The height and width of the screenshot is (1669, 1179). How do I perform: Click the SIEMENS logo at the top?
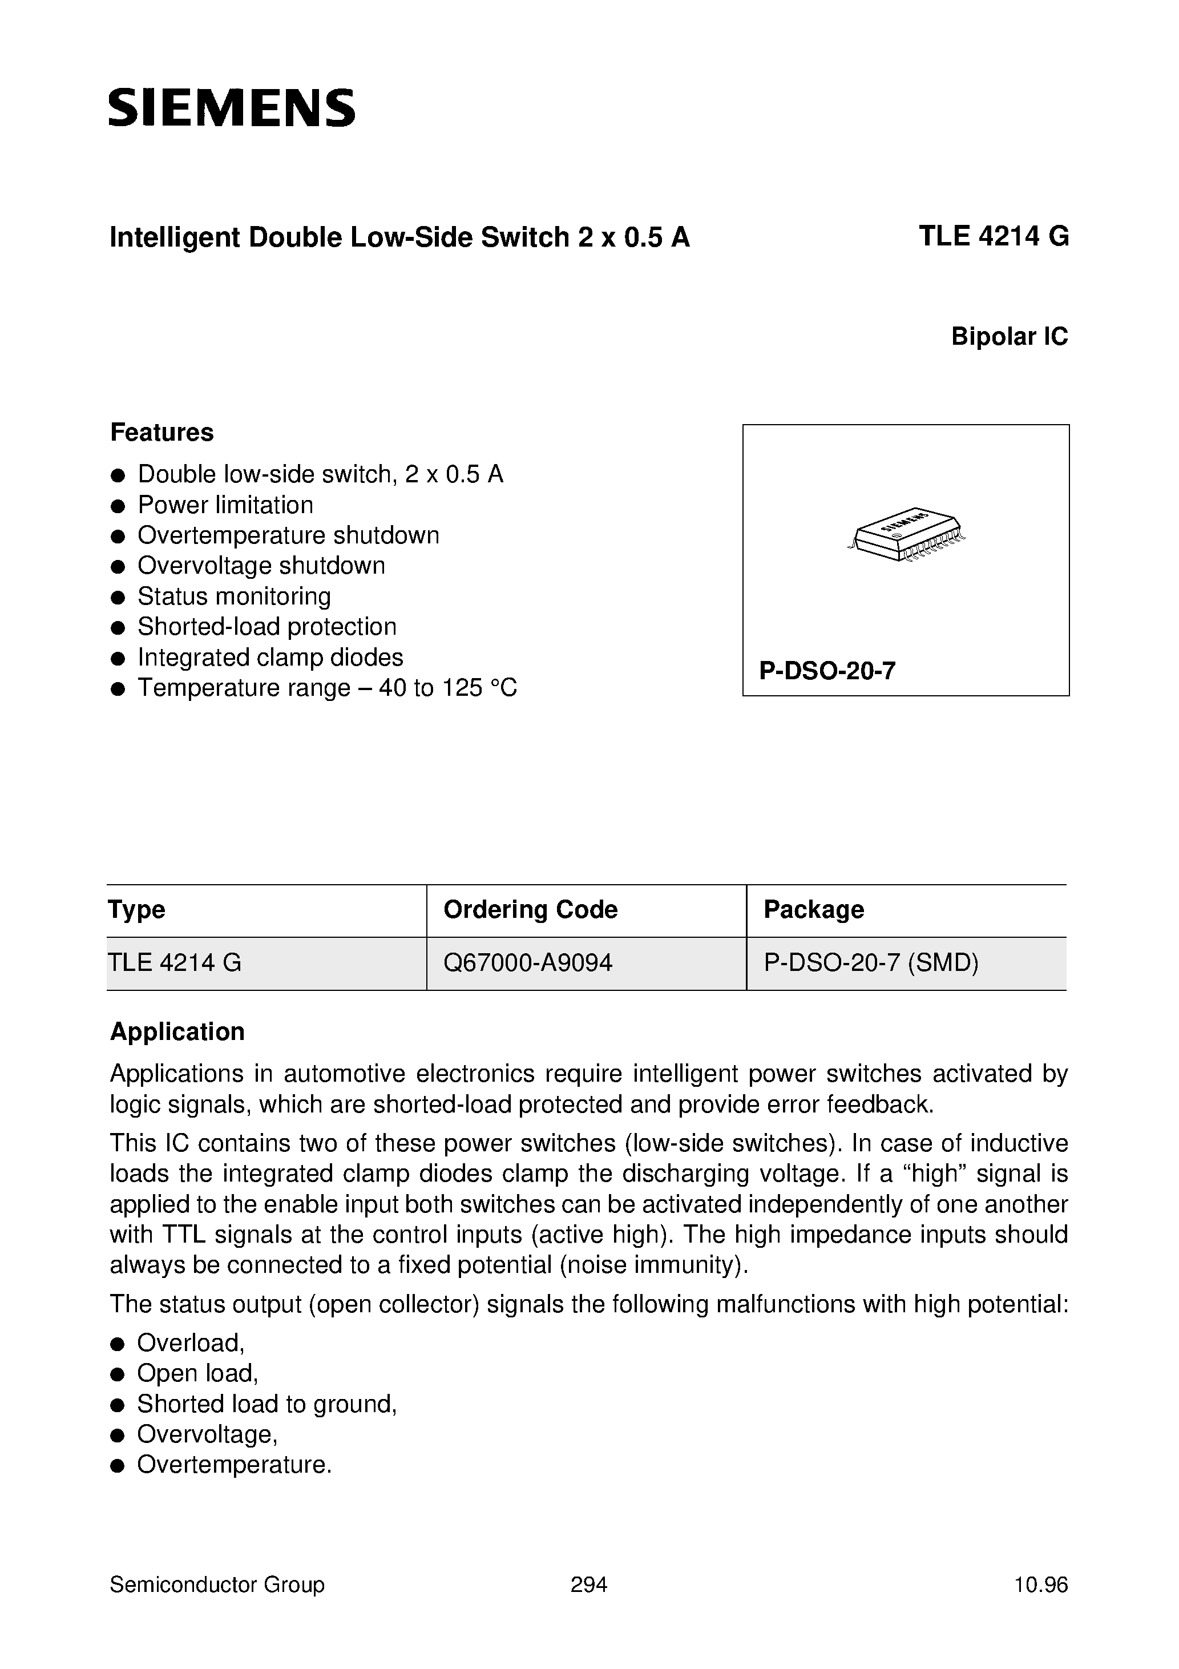tap(232, 109)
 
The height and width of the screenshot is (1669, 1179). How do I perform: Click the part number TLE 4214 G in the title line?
tap(993, 237)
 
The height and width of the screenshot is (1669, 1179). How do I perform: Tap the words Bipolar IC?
tap(1009, 337)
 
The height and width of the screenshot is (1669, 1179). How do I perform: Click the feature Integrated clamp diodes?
tap(270, 657)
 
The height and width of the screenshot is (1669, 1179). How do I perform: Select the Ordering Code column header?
tap(530, 909)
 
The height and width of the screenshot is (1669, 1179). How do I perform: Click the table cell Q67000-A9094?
tap(528, 962)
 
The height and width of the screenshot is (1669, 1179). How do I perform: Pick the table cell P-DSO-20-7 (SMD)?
tap(871, 962)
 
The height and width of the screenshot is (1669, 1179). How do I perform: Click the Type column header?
tap(136, 909)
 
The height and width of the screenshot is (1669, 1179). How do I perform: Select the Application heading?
tap(177, 1031)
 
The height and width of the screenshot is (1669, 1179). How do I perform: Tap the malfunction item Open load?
tap(197, 1373)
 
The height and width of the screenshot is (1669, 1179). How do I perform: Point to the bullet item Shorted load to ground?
tap(266, 1404)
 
